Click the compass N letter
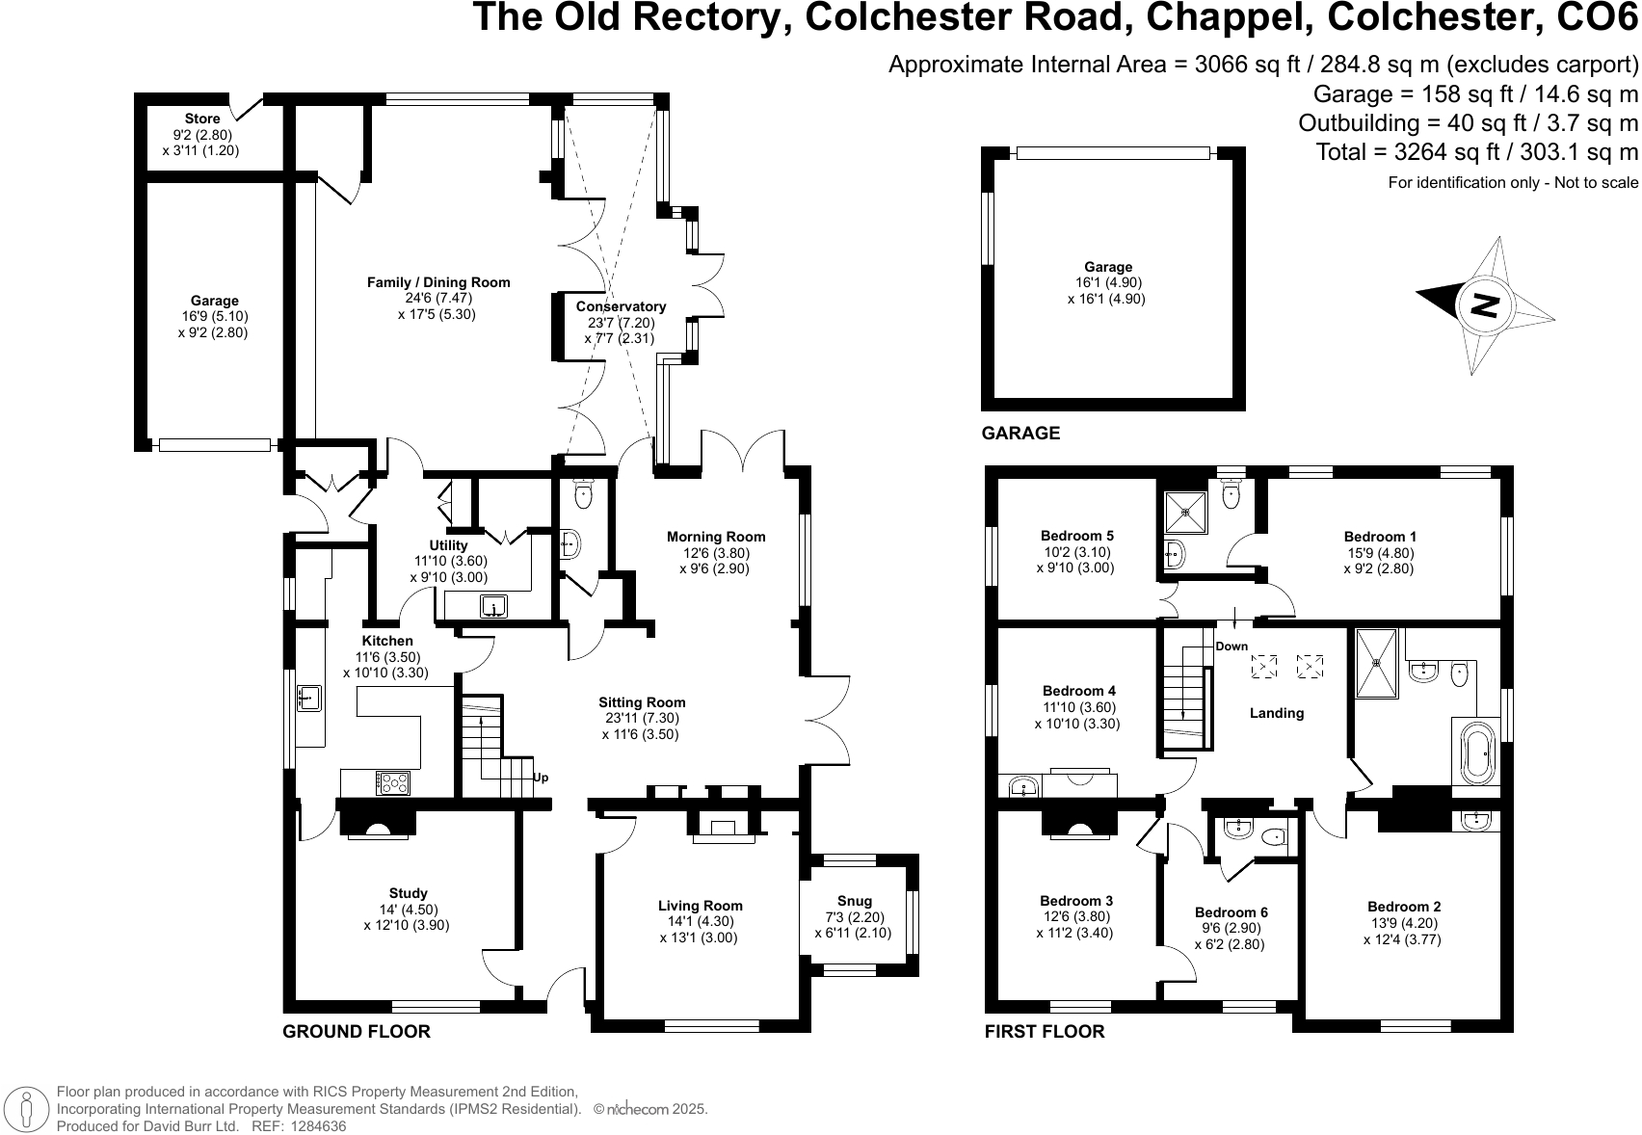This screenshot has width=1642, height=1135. pyautogui.click(x=1485, y=304)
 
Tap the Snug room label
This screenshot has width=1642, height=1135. pyautogui.click(x=854, y=902)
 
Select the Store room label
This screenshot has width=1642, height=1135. pyautogui.click(x=202, y=119)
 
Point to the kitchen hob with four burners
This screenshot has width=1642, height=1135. pyautogui.click(x=392, y=782)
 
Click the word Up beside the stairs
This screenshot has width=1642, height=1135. pyautogui.click(x=541, y=778)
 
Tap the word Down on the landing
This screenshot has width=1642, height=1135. pyautogui.click(x=1231, y=647)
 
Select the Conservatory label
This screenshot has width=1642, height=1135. pyautogui.click(x=622, y=306)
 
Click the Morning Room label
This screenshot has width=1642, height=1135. pyautogui.click(x=716, y=537)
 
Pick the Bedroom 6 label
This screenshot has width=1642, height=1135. pyautogui.click(x=1231, y=912)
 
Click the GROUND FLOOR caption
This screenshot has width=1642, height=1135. pyautogui.click(x=357, y=1032)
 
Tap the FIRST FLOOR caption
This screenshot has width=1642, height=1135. pyautogui.click(x=1045, y=1032)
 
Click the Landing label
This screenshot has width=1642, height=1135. pyautogui.click(x=1277, y=713)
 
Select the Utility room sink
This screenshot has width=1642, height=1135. pyautogui.click(x=493, y=607)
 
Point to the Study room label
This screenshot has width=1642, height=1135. pyautogui.click(x=408, y=893)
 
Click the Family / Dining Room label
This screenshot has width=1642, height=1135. pyautogui.click(x=438, y=282)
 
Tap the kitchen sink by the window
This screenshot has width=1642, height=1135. pyautogui.click(x=308, y=698)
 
